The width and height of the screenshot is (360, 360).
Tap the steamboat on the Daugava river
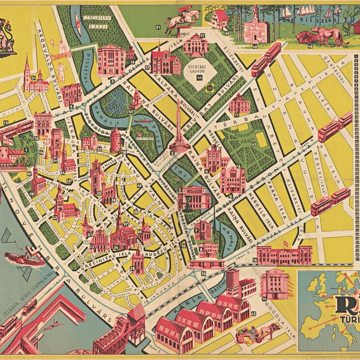tap(24, 257)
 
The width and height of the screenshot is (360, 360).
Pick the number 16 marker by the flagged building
tap(255, 260)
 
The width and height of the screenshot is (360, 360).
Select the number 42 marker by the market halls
tap(254, 313)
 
